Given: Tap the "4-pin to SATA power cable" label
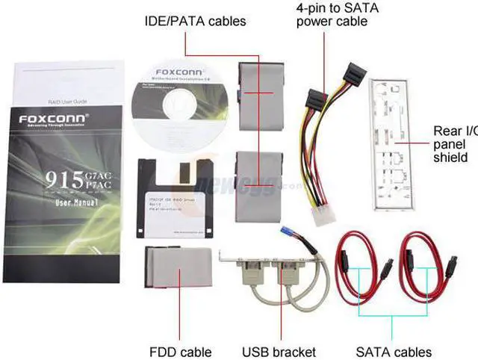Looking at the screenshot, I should coord(332,14).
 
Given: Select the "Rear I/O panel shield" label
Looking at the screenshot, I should coord(451,144).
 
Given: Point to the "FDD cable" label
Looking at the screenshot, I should coord(181,352).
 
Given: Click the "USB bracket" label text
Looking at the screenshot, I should coord(279,352).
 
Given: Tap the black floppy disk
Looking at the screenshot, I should coord(174,198).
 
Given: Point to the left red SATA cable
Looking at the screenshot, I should coord(354,261).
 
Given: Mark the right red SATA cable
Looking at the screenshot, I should coord(418,261).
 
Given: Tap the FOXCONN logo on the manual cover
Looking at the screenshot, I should coord(52,118).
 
